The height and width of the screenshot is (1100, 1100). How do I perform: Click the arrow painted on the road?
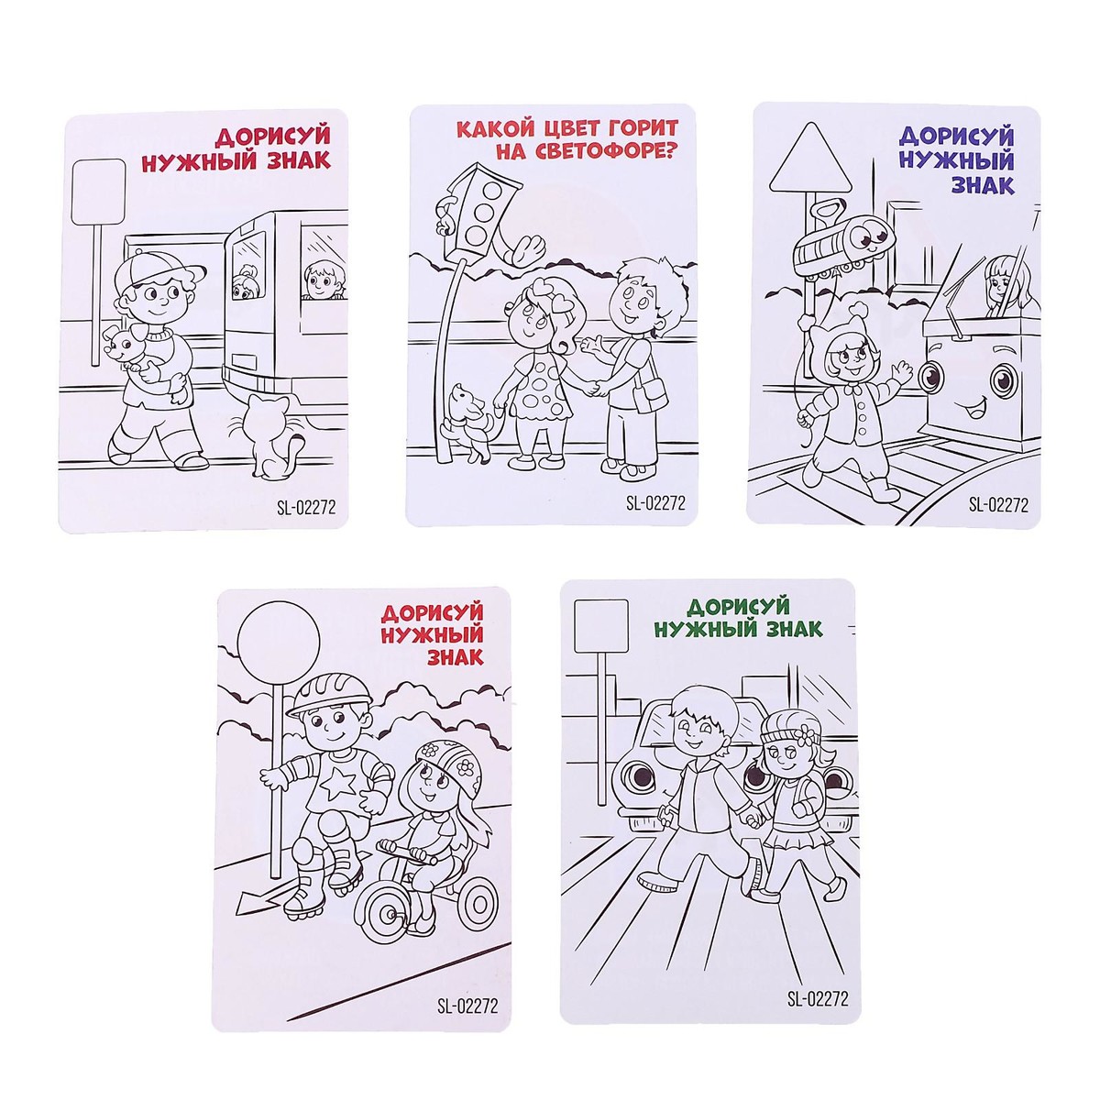pos(268,904)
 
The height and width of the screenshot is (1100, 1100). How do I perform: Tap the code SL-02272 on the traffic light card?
pos(654,502)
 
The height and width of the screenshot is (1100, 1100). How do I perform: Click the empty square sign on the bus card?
pos(97,192)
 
